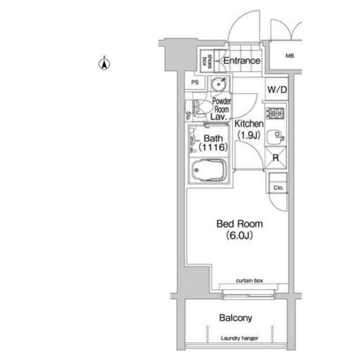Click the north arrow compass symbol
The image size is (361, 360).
click(104, 64)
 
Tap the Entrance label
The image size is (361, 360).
click(242, 61)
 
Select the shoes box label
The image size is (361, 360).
click(206, 61)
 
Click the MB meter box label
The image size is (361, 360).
click(289, 56)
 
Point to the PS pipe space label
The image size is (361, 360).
click(195, 82)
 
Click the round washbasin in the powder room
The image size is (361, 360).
click(218, 85)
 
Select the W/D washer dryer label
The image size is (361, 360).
click(277, 90)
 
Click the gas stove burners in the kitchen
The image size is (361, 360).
click(276, 113)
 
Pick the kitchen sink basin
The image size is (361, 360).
click(275, 136)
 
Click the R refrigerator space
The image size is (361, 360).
click(276, 158)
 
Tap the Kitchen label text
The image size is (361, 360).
click(249, 124)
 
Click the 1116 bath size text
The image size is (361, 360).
click(213, 147)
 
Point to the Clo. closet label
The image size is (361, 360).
click(278, 188)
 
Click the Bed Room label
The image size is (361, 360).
click(240, 224)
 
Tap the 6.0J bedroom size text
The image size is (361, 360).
click(239, 235)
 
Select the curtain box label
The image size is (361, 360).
click(249, 281)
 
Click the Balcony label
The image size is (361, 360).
click(236, 318)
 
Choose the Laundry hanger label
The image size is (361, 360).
click(239, 338)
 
